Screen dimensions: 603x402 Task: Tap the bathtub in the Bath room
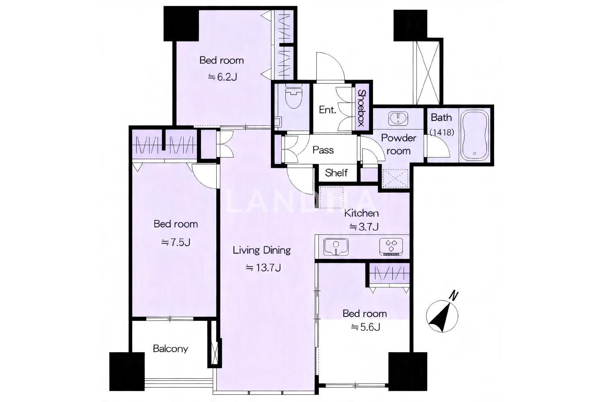[475, 135]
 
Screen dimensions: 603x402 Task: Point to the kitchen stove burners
[392, 247]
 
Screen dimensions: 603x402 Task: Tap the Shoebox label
[361, 108]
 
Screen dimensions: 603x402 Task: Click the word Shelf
[336, 172]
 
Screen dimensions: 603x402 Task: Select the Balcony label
[170, 349]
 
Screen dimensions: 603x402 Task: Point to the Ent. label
[328, 110]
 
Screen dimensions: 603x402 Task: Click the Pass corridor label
[323, 150]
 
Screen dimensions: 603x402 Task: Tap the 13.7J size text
[264, 268]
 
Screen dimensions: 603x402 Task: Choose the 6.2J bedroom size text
[222, 77]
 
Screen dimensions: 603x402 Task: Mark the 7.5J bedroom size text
[176, 242]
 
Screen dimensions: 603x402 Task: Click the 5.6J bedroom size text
[365, 327]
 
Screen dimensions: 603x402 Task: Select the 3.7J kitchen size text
[364, 227]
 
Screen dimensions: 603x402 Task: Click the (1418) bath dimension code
[442, 132]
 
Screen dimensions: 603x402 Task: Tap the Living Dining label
[262, 250]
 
